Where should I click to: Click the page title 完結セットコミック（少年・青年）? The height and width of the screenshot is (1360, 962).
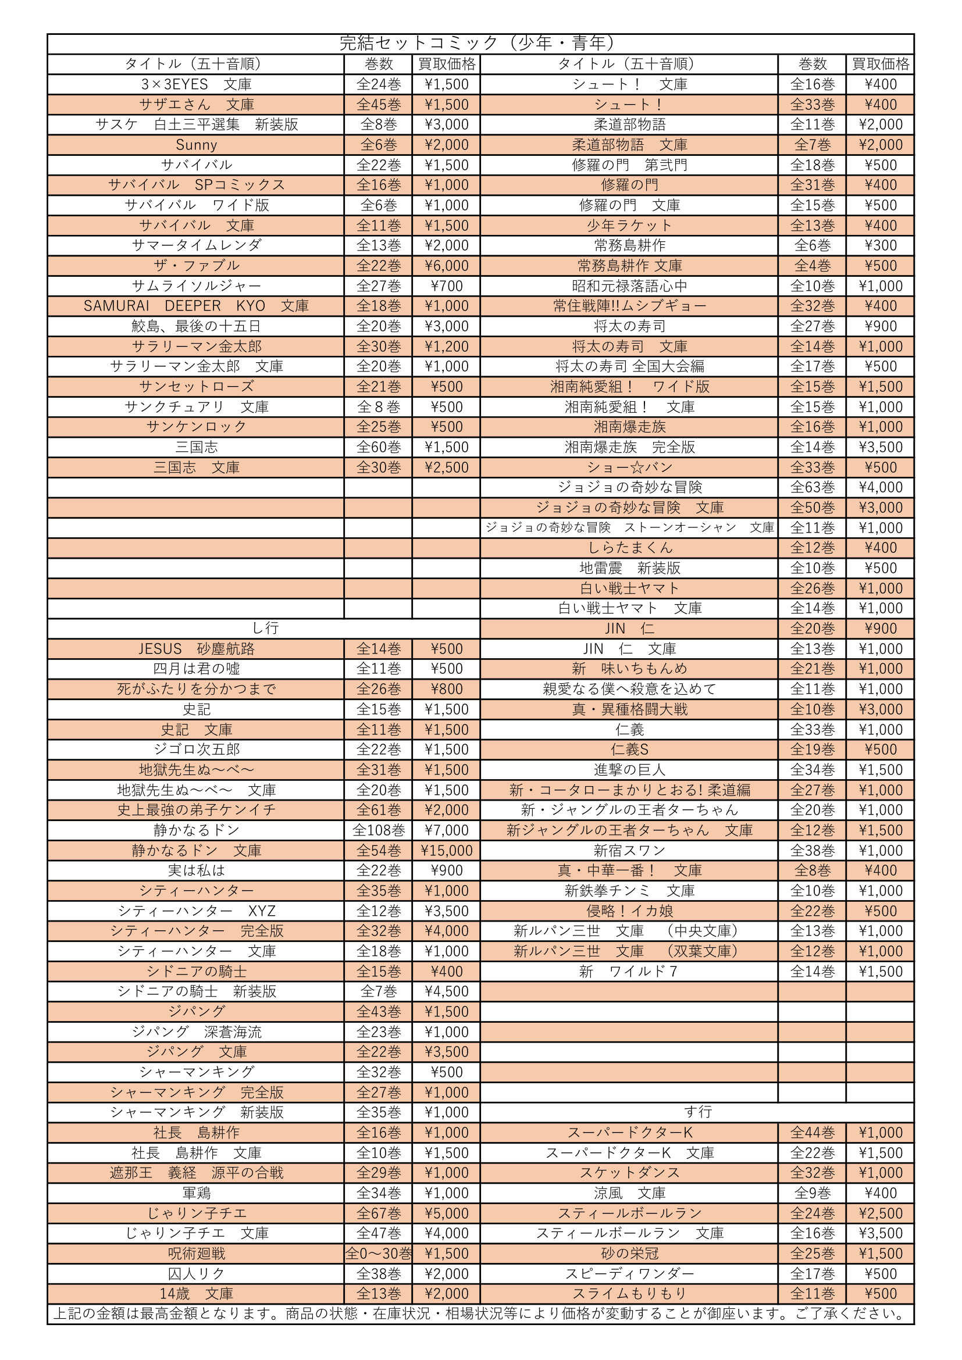tap(480, 43)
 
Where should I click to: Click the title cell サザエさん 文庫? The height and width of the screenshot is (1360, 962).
tap(196, 105)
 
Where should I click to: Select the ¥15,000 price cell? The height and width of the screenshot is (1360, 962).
tap(446, 851)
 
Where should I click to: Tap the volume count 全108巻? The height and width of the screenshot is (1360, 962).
tap(378, 830)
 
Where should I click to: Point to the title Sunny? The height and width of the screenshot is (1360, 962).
tap(196, 145)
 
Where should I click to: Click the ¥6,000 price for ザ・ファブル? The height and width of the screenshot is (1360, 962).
tap(446, 266)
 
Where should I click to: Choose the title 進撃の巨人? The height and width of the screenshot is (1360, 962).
tap(629, 770)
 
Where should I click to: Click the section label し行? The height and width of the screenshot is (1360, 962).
tap(264, 629)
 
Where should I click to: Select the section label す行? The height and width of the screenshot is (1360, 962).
tap(697, 1112)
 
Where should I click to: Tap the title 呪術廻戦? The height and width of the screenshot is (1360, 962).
tap(196, 1254)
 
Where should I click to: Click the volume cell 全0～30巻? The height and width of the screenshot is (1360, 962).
tap(378, 1254)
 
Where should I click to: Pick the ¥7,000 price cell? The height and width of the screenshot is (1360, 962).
tap(446, 830)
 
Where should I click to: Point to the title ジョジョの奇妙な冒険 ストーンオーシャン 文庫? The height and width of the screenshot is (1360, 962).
tap(629, 528)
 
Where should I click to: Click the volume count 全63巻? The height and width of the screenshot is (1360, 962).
tap(812, 487)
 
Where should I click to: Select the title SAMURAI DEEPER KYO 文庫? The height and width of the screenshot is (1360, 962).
tap(196, 306)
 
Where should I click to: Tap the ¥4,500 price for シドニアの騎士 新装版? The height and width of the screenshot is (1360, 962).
tap(446, 991)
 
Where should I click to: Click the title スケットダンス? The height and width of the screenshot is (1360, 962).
tap(629, 1173)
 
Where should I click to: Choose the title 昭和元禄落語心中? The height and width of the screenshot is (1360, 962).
tap(629, 286)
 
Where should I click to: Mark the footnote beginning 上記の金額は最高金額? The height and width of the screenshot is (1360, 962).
tap(480, 1314)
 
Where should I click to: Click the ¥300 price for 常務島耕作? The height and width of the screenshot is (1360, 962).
tap(880, 246)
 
